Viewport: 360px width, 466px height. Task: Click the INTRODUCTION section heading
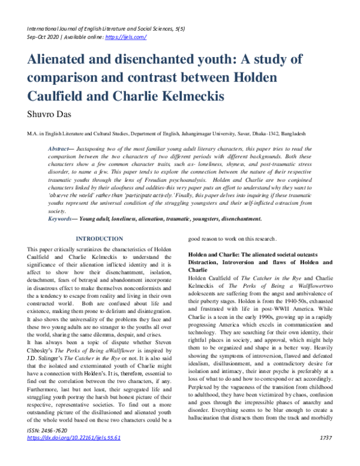point(100,238)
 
